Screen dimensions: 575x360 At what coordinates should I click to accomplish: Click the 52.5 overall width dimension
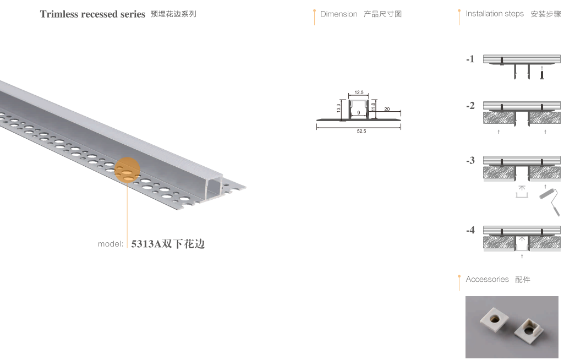pos(361,131)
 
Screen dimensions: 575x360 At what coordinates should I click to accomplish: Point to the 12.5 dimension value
pos(359,92)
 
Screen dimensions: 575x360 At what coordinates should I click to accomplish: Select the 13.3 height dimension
pos(338,108)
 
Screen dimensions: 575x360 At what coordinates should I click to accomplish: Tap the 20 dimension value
pos(387,109)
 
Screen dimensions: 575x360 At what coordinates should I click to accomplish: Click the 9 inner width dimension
pos(359,113)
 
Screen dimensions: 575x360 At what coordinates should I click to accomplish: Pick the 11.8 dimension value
pos(373,107)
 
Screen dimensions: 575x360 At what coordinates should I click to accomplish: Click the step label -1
pos(470,59)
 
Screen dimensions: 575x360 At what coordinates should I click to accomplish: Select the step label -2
pos(470,106)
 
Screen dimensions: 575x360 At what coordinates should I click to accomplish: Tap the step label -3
pos(470,160)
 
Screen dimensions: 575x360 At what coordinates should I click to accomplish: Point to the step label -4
pos(470,230)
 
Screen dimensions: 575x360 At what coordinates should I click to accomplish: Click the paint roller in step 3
pos(550,201)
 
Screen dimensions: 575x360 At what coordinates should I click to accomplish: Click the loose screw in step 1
pos(541,74)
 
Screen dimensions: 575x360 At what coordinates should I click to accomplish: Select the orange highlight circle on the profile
pos(127,170)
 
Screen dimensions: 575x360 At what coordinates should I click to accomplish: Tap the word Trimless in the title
pos(59,14)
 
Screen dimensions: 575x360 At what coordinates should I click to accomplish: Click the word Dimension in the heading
pos(339,14)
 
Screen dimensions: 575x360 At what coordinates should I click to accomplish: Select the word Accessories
pos(488,279)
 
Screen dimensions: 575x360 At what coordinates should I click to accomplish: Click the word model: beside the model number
pos(111,244)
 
